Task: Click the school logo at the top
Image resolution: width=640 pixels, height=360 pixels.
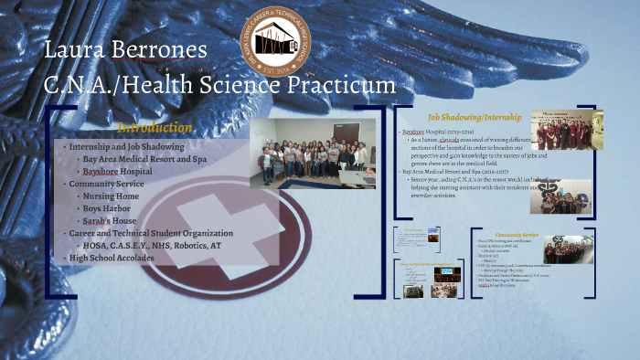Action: [x=275, y=44]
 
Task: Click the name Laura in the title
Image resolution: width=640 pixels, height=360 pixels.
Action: [x=80, y=49]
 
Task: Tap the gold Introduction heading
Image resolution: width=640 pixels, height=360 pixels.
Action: [x=155, y=128]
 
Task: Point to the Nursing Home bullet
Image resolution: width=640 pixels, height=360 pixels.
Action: [x=111, y=196]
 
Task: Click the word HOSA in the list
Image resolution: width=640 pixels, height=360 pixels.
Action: [x=95, y=246]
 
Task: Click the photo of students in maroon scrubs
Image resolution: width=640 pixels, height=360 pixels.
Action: [x=566, y=130]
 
